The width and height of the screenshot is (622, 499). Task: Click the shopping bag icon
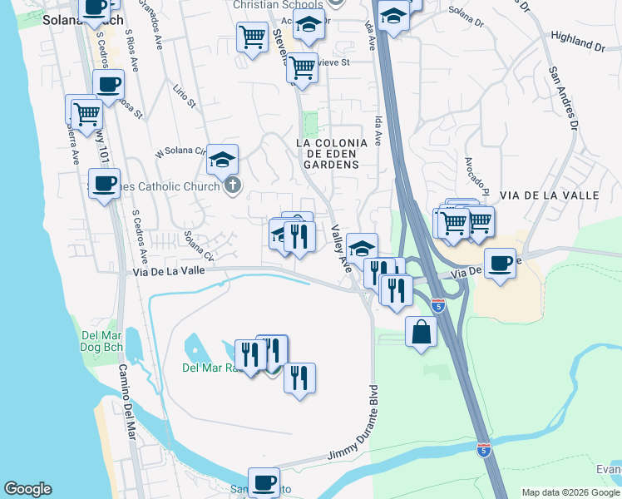(x=422, y=330)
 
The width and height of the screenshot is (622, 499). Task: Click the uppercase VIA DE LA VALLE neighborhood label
(x=550, y=195)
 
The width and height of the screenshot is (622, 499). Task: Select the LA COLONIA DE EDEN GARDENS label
(x=328, y=154)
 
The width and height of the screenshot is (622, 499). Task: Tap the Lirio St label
(x=185, y=94)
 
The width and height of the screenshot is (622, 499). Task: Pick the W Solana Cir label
(x=180, y=151)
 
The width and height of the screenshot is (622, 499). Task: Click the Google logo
(x=27, y=489)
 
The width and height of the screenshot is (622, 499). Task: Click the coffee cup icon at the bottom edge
(x=264, y=482)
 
